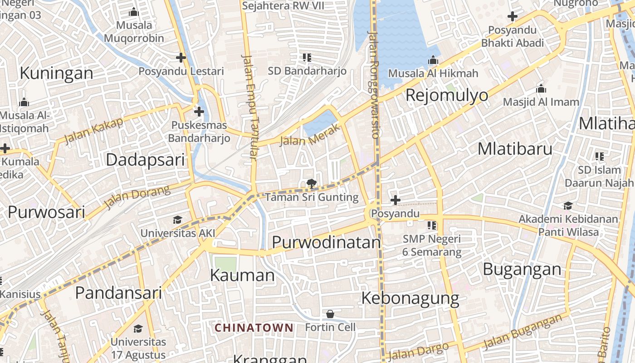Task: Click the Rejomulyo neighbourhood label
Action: point(447,95)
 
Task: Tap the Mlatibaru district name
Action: point(515,149)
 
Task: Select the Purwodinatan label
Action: point(326,242)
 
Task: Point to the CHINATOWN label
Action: point(254,328)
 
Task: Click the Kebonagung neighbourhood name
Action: point(410,298)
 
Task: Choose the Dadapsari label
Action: point(145,160)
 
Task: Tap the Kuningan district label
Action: point(56,73)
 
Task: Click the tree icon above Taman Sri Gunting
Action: point(311,184)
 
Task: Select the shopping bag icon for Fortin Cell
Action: point(330,314)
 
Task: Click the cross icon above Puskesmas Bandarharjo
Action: point(199,111)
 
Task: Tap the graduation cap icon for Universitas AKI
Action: point(177,220)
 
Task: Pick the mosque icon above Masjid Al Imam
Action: point(541,88)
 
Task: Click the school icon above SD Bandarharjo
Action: point(307,58)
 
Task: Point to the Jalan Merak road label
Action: point(310,136)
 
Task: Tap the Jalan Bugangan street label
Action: point(522,332)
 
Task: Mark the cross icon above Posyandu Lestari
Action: point(181,58)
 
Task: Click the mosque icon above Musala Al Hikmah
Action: point(433,60)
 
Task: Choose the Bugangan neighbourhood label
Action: point(522,269)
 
